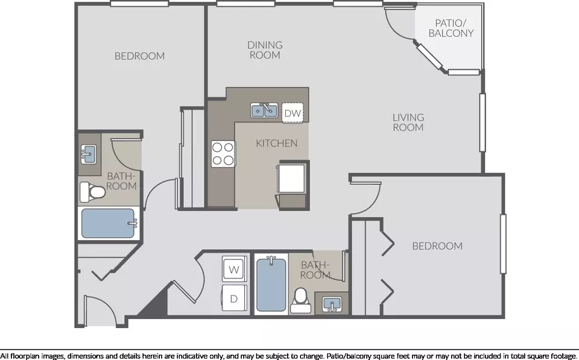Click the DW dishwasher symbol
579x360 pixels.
(293, 113)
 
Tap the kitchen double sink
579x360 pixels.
(264, 110)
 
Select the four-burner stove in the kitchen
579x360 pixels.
(223, 154)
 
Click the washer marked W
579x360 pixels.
(234, 269)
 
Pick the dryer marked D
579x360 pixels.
(234, 298)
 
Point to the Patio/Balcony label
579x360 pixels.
(451, 28)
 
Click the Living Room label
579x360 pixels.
(408, 122)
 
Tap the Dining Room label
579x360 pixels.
(265, 50)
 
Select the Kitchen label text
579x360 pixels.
(277, 143)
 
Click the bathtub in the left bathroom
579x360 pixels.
(108, 223)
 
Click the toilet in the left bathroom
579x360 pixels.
(92, 192)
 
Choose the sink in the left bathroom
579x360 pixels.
(89, 154)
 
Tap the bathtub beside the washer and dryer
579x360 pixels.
(271, 284)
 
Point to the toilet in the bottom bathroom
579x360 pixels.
(300, 300)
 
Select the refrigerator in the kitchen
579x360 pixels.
(291, 178)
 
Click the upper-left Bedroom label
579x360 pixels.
(139, 55)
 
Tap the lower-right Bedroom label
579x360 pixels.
(437, 246)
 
